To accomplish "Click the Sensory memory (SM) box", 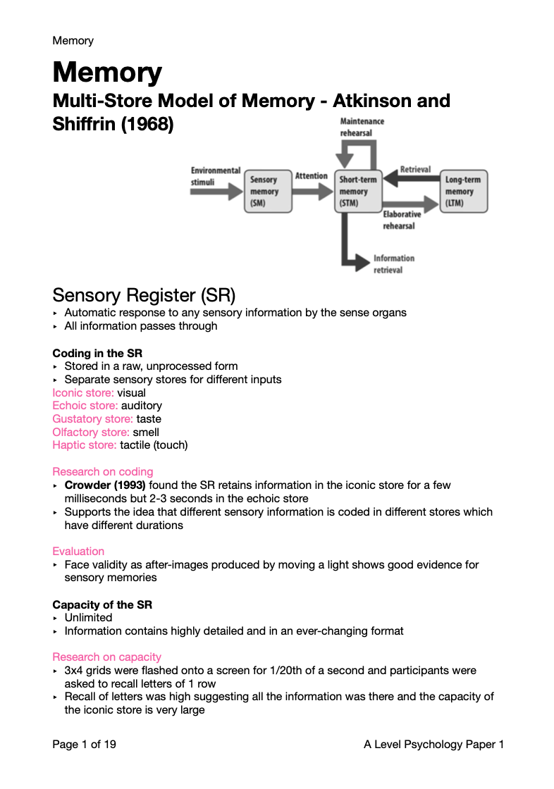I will coord(268,191).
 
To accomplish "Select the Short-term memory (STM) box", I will coord(357,191).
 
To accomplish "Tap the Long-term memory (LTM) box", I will coord(463,191).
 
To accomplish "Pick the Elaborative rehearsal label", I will coord(401,220).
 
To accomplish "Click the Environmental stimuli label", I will coord(214,176).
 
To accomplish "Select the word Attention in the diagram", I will coord(311,176).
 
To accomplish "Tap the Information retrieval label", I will coord(393,264).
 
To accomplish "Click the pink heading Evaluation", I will coord(78,552).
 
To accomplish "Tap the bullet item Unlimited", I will coord(88,618).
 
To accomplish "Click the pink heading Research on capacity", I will coord(106,657).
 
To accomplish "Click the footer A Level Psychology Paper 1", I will coord(429,745).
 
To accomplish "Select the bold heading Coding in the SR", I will coord(97,353).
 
